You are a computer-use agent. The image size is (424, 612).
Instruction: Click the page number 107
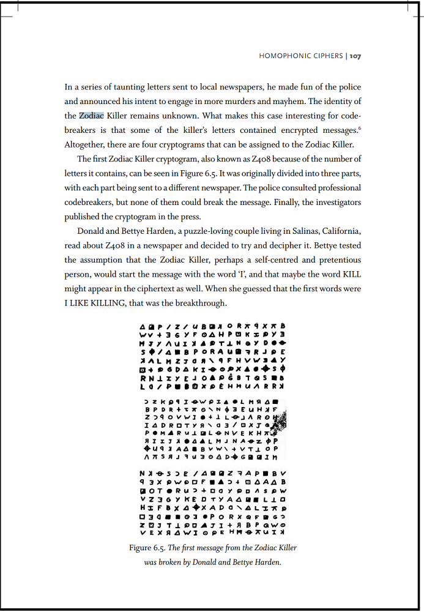point(355,56)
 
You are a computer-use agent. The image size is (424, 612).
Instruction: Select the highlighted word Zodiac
point(92,115)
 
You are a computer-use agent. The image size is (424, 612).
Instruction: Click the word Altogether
point(86,144)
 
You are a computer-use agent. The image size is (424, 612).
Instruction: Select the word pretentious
point(337,259)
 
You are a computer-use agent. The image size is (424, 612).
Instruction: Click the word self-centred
point(249,259)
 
